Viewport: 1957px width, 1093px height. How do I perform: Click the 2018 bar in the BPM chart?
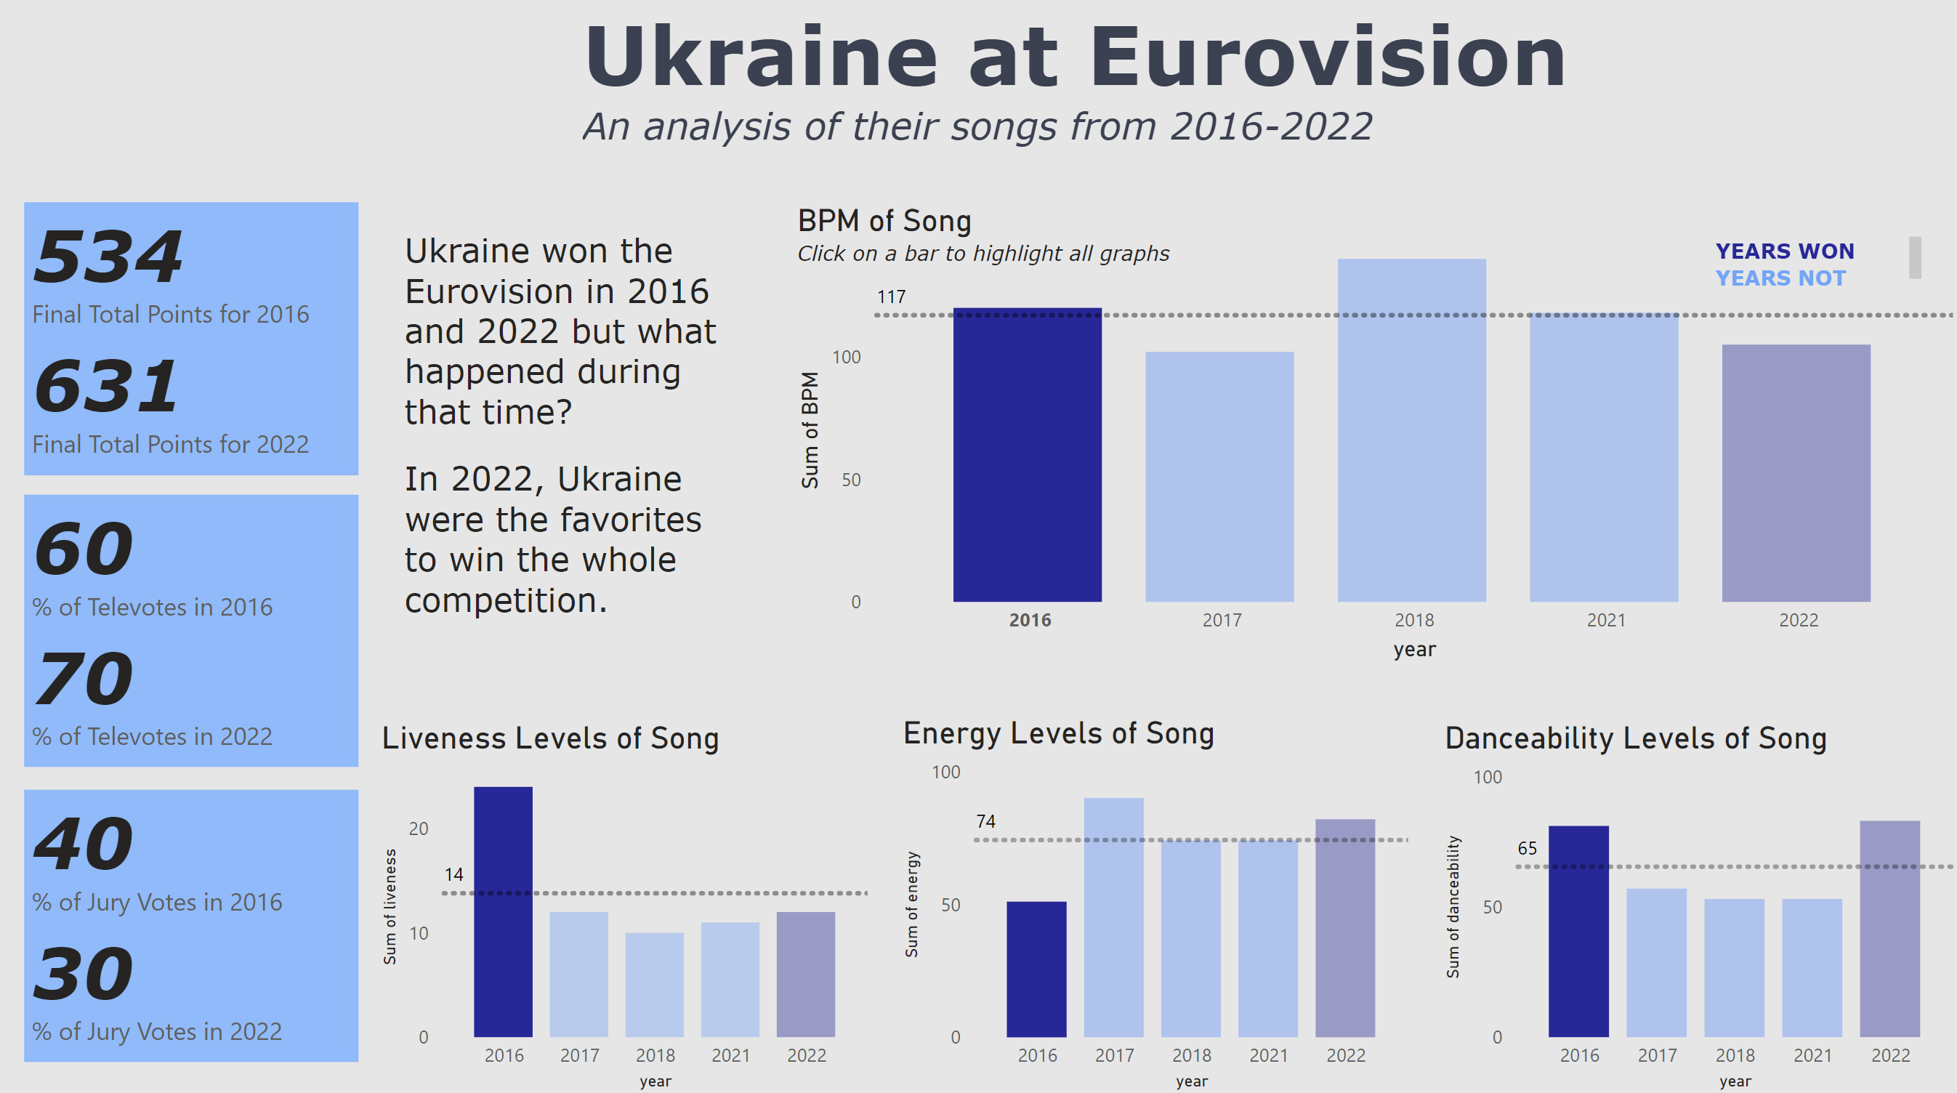(x=1411, y=430)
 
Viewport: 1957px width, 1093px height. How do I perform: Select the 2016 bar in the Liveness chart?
(x=503, y=911)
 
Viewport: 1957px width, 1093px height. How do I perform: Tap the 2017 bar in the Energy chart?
(x=1114, y=917)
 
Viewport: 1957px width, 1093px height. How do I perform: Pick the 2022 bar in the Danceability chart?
(x=1889, y=928)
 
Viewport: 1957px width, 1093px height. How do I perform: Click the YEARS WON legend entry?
(x=1785, y=251)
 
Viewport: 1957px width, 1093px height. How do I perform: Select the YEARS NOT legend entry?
(x=1780, y=279)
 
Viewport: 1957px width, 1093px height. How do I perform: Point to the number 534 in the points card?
(x=108, y=257)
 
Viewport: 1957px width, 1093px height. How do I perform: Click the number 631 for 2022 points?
(x=106, y=387)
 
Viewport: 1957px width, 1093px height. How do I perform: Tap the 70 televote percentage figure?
(x=84, y=678)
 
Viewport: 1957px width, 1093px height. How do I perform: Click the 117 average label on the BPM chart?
(x=891, y=297)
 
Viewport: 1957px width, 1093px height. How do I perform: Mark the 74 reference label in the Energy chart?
(x=985, y=821)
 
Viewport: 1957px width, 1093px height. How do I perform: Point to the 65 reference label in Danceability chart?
(x=1527, y=848)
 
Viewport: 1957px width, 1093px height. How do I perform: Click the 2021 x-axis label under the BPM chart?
(x=1606, y=621)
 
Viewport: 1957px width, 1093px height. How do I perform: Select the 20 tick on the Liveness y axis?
(x=419, y=828)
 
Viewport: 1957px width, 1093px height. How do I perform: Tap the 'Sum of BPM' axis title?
(x=810, y=430)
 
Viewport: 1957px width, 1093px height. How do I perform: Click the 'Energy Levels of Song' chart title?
(x=1058, y=734)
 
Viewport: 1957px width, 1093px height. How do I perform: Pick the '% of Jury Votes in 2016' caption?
(x=157, y=903)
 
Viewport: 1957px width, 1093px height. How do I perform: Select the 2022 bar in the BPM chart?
(x=1796, y=472)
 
